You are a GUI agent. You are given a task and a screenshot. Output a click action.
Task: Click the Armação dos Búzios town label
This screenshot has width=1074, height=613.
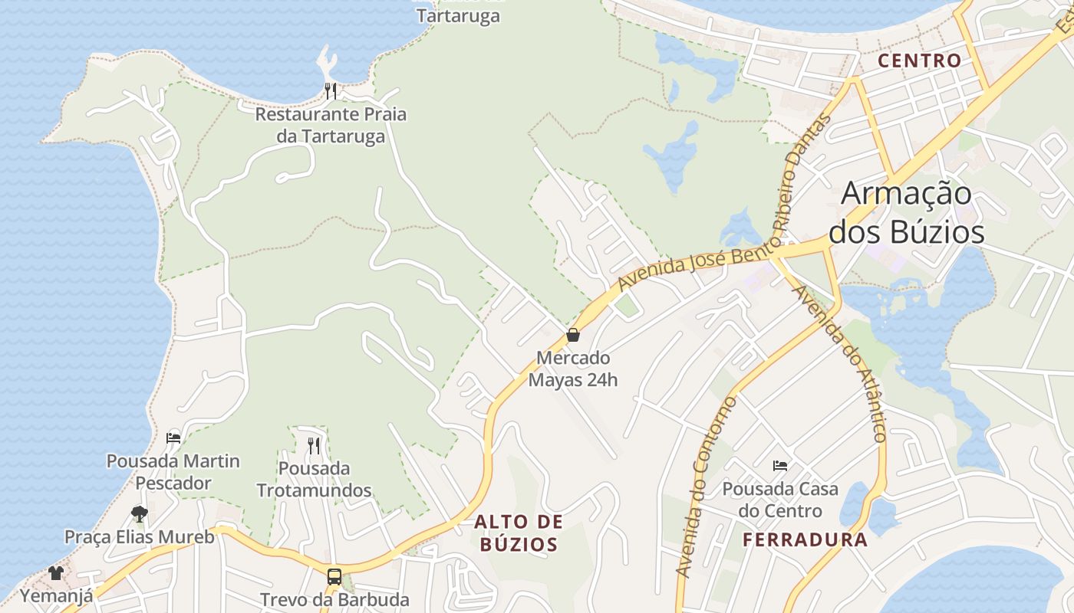pos(906,212)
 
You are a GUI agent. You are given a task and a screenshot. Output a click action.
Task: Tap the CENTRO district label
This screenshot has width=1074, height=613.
pos(919,61)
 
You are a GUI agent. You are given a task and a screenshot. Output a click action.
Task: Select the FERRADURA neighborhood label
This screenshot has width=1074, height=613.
pos(805,539)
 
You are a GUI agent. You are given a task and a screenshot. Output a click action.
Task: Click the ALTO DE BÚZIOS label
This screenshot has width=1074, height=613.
pos(519,533)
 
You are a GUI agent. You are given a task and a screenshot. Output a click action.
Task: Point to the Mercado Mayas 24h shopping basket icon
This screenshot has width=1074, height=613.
pos(572,335)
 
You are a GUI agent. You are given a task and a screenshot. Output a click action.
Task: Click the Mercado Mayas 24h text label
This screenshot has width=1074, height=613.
pos(573,369)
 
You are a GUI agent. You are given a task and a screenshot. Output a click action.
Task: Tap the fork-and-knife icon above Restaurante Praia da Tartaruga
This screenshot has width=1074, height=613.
pos(331,91)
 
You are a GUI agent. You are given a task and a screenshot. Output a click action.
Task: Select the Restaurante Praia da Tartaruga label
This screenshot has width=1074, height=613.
pos(331,125)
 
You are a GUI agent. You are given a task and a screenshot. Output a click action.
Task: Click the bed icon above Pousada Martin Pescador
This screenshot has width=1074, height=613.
pos(173,438)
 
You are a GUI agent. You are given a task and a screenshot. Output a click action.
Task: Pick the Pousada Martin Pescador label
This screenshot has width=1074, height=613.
pos(173,472)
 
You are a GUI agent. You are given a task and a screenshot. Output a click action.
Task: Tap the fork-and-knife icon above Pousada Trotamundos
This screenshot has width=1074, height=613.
pos(313,445)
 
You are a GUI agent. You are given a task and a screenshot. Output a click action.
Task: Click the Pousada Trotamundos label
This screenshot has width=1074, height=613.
pos(314,479)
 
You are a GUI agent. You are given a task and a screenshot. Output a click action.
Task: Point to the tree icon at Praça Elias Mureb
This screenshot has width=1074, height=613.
pos(139,513)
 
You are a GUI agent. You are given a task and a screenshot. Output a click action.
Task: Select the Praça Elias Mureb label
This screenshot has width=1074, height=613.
pos(139,536)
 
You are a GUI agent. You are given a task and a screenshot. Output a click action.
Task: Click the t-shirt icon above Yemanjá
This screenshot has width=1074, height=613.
pos(55,572)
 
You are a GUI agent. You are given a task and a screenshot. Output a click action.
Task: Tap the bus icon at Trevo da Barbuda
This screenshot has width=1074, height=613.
pos(334,576)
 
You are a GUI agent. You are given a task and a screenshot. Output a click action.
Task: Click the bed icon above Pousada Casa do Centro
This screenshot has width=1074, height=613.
pos(780,465)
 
